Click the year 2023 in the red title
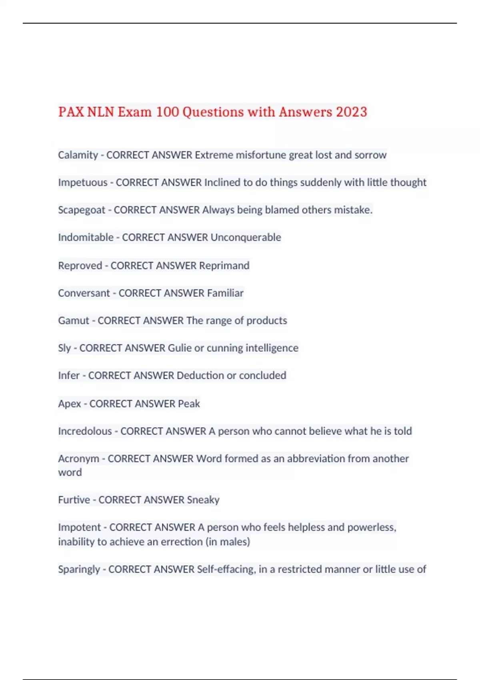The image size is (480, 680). (x=351, y=112)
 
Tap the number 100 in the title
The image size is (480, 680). (x=167, y=112)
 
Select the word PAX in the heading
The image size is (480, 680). (x=71, y=112)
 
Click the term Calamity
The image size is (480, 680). (x=78, y=155)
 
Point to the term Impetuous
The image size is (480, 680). (x=83, y=183)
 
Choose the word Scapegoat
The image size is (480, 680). (x=82, y=210)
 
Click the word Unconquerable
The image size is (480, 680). (x=246, y=238)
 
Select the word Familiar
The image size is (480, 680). (x=225, y=293)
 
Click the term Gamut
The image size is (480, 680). (x=74, y=321)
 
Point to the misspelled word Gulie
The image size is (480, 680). (x=180, y=348)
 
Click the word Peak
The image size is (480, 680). (x=189, y=404)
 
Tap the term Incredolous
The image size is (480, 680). (x=85, y=431)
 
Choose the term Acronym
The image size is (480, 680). (x=78, y=458)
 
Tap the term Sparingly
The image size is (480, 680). (x=79, y=569)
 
